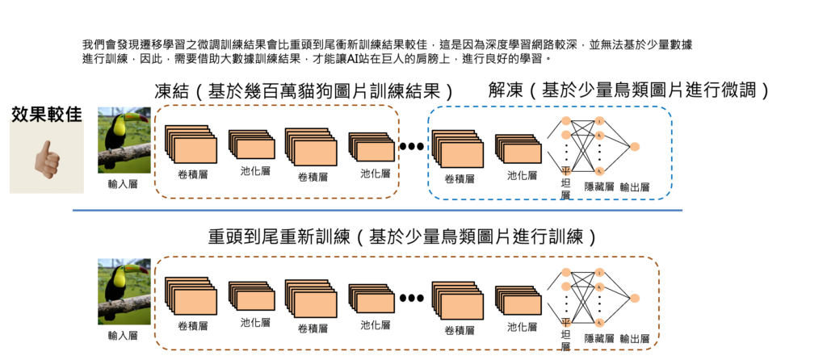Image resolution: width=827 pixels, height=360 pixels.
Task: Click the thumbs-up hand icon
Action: coord(47,159)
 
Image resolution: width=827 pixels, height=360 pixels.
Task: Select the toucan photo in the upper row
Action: coord(124,140)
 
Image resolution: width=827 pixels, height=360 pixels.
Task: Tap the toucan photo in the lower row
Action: coord(124,291)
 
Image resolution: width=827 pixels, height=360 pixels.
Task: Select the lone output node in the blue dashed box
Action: coord(635,146)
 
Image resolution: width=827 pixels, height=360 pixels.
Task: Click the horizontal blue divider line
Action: coord(377,211)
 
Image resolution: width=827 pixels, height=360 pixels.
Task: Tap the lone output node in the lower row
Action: coord(635,298)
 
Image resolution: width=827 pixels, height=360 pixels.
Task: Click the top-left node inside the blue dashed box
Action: coord(566,120)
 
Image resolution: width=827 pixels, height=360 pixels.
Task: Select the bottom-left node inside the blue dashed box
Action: coord(566,171)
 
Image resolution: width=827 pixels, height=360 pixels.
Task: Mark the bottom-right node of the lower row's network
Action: coord(599,323)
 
